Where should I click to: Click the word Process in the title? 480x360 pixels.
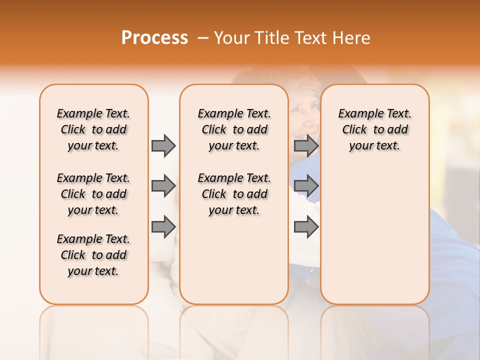(154, 37)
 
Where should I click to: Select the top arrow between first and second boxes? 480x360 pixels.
(163, 145)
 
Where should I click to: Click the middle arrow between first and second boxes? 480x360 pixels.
(163, 186)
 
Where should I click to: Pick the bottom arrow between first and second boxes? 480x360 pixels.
(163, 226)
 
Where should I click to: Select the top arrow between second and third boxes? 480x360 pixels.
(306, 145)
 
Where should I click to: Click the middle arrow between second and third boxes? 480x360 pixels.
(306, 186)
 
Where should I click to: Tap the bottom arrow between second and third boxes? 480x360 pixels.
(306, 226)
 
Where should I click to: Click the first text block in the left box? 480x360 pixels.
(93, 129)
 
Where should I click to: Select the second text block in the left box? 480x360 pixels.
(93, 194)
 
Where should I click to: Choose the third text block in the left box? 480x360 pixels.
(93, 255)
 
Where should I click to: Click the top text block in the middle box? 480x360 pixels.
(234, 129)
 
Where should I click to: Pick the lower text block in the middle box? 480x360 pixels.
(234, 194)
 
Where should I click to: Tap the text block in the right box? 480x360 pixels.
(374, 129)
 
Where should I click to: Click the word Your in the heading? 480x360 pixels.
(232, 37)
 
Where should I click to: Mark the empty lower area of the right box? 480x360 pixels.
(374, 235)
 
